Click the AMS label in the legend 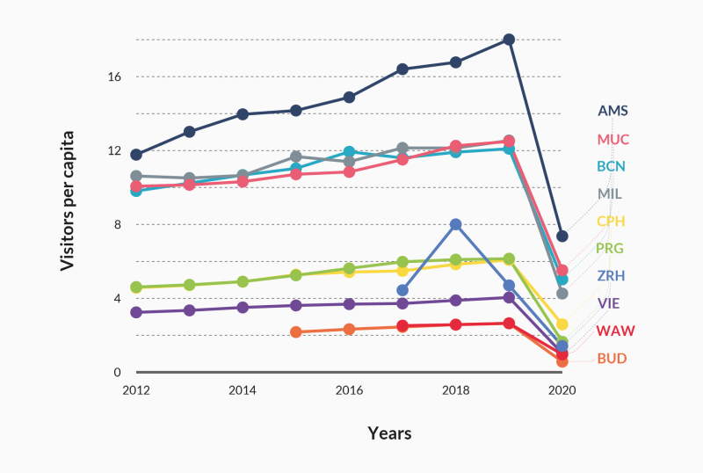point(612,112)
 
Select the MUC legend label point(612,140)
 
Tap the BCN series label point(612,166)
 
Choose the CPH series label point(612,221)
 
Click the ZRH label point(612,276)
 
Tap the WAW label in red point(615,331)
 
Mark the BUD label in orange point(612,358)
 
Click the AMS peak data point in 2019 point(509,40)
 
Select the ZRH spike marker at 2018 point(456,224)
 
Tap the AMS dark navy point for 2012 point(136,155)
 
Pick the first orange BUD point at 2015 point(296,332)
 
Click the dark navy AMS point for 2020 point(562,236)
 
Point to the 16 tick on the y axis point(115,76)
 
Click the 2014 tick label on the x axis point(243,389)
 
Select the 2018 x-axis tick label point(456,389)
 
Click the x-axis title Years point(389,433)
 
